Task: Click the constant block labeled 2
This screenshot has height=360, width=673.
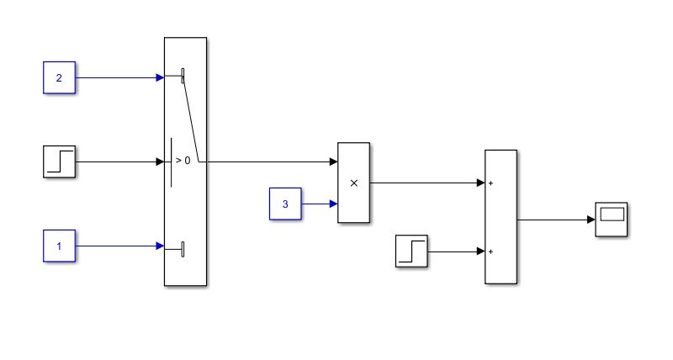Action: point(59,77)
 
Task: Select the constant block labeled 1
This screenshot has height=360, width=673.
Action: point(59,246)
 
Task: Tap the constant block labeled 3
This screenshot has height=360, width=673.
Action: point(285,204)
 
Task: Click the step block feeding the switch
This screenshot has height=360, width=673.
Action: point(59,161)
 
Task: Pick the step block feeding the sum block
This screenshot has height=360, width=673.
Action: point(411,251)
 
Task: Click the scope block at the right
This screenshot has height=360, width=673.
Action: point(612,220)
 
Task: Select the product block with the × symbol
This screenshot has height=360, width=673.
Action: point(353,183)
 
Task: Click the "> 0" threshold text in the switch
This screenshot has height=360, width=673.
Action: point(183,160)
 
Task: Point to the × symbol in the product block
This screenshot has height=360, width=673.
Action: point(353,183)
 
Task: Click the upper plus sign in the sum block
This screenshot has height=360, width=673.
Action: point(490,183)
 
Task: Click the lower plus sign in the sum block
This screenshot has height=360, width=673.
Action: point(490,251)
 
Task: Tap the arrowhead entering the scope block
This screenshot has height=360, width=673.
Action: point(591,220)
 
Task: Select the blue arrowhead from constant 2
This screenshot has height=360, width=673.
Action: point(160,77)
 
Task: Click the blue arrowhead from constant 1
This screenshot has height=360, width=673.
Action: point(160,246)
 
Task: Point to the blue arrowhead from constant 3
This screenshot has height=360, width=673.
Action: point(333,204)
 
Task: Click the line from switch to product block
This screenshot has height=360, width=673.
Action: point(269,161)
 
